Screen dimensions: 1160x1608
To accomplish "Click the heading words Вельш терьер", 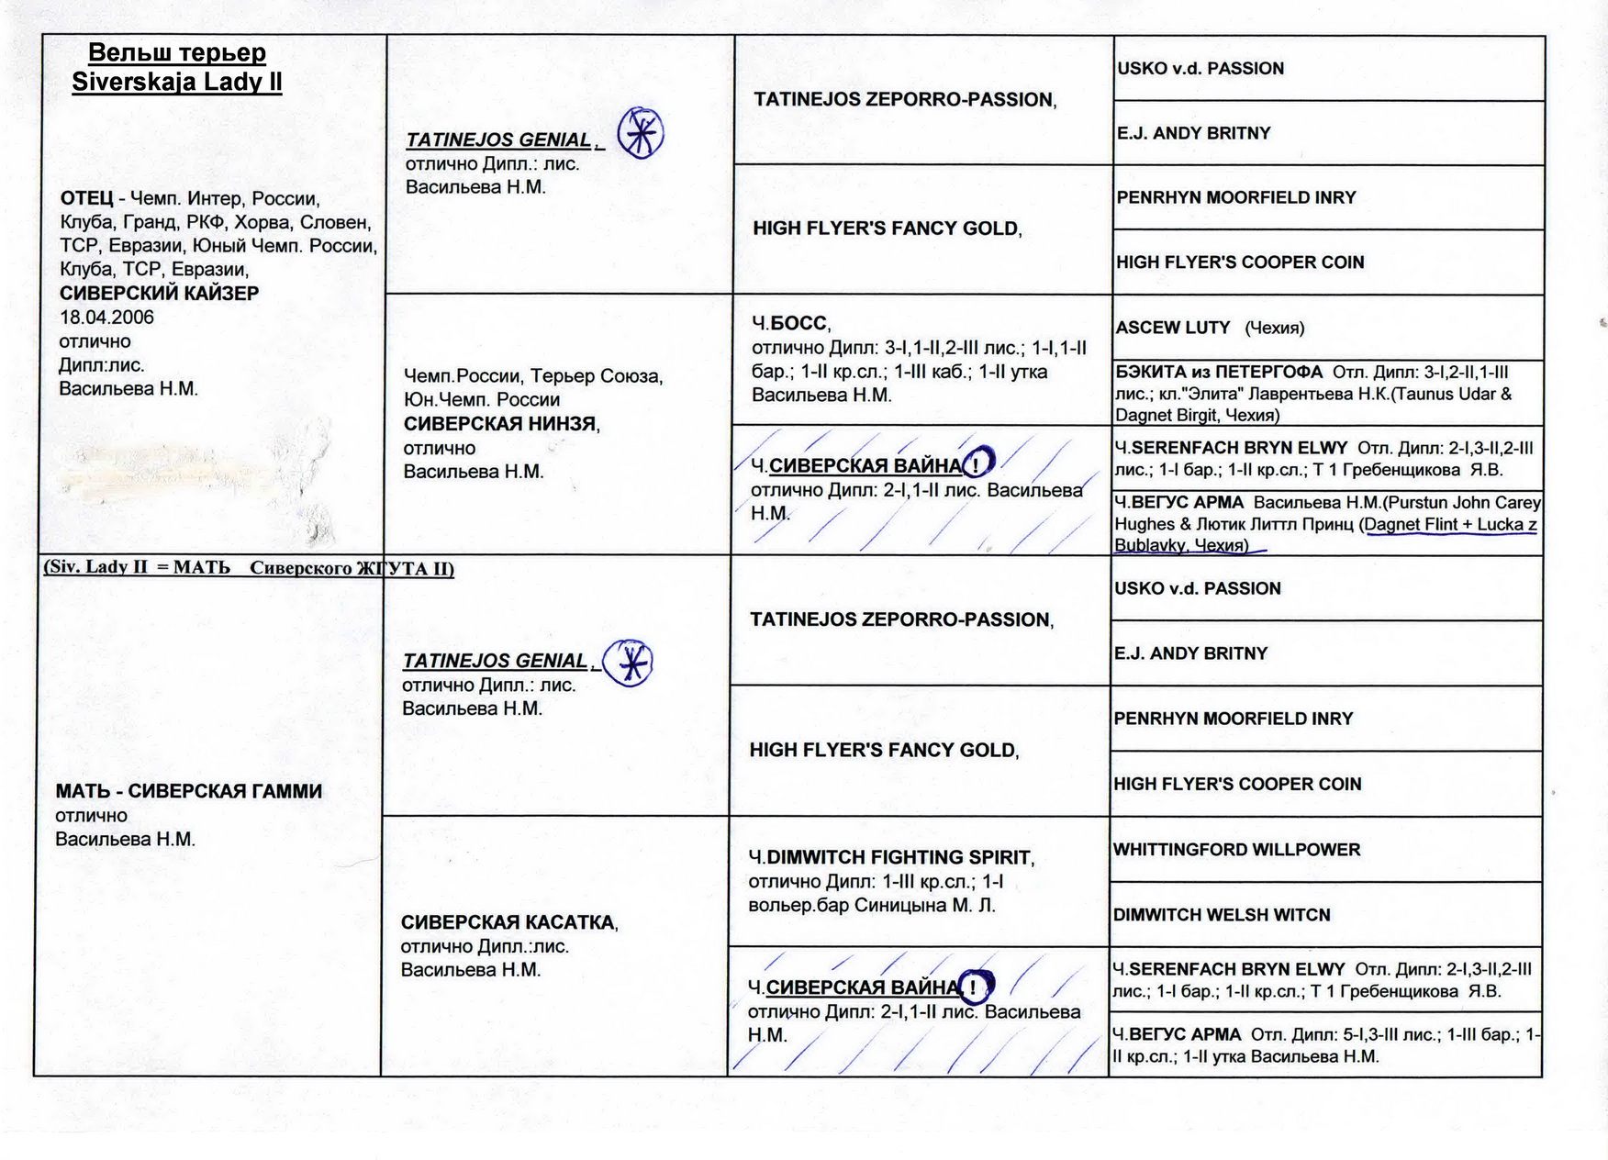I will coord(177,52).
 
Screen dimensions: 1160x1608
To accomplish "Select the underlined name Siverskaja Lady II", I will coord(177,82).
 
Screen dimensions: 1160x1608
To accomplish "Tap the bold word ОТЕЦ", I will coord(87,199).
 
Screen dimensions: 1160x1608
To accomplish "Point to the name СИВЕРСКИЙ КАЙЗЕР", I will coord(159,294).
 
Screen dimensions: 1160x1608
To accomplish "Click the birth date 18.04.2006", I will coord(106,318).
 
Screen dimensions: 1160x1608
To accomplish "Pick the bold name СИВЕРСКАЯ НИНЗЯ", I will coord(500,424).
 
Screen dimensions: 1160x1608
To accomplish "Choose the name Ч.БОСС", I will coord(790,324).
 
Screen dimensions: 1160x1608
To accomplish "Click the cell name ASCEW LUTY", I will coord(1172,328).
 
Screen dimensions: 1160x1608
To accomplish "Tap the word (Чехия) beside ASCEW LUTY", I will coord(1274,329).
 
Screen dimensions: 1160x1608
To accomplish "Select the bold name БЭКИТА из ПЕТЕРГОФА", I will coord(1218,373).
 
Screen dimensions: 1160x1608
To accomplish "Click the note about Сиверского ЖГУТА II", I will coord(249,568).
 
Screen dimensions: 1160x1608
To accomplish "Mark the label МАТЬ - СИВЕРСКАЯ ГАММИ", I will coord(188,792).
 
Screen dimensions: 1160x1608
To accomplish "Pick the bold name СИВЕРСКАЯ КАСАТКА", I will coord(508,923).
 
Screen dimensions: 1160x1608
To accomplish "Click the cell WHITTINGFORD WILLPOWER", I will coord(1236,850).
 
